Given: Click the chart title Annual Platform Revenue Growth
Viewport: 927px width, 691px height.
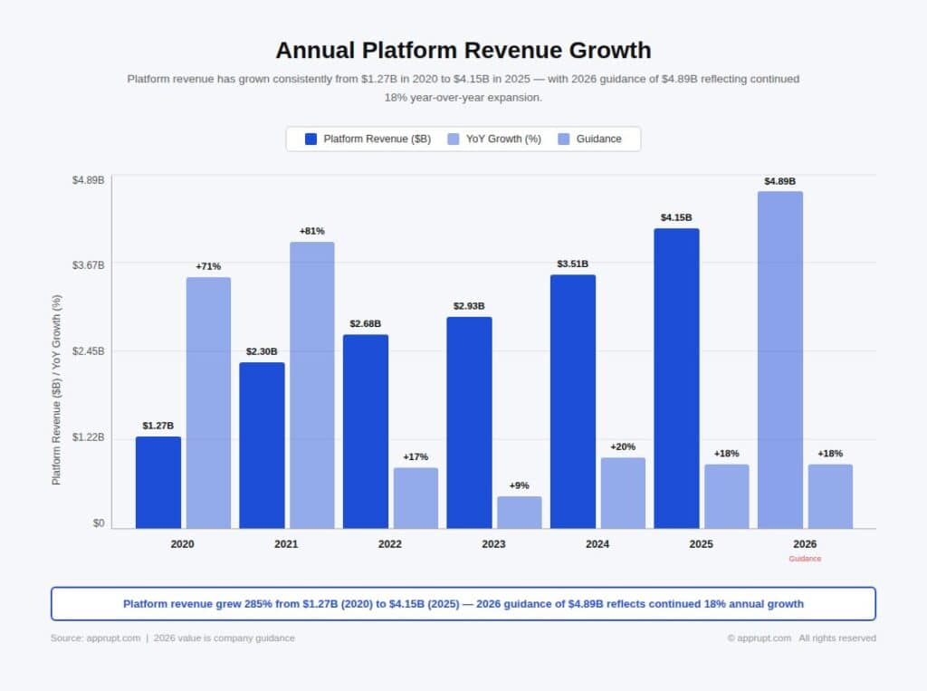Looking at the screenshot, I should click(x=463, y=49).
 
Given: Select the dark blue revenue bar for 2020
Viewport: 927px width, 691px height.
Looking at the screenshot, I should click(x=158, y=482).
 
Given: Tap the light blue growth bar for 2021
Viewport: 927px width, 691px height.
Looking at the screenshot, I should click(x=312, y=385).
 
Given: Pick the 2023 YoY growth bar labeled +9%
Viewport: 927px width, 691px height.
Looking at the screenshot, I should click(x=520, y=512).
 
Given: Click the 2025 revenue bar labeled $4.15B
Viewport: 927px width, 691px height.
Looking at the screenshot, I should click(x=676, y=378).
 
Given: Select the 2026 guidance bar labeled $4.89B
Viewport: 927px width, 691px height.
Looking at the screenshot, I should click(x=779, y=360).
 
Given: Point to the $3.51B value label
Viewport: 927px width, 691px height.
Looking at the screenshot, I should click(x=572, y=264).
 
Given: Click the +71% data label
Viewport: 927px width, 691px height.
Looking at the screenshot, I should click(x=208, y=266).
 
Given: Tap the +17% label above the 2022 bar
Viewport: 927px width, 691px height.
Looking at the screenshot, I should click(x=416, y=456).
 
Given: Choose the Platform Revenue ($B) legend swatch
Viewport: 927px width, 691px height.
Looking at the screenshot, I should click(x=311, y=139).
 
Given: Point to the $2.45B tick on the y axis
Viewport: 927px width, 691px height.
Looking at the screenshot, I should click(x=88, y=350).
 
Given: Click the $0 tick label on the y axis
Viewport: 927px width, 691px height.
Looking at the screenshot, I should click(x=98, y=523).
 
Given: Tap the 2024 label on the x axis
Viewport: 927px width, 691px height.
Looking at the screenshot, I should click(x=597, y=544).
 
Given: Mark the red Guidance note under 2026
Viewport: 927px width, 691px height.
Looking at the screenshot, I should click(x=805, y=559).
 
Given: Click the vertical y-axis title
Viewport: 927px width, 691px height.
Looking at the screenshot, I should click(x=56, y=389).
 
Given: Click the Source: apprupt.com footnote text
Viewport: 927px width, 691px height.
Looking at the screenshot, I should click(x=95, y=638).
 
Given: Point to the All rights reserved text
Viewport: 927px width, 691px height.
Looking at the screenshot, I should click(x=836, y=638).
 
